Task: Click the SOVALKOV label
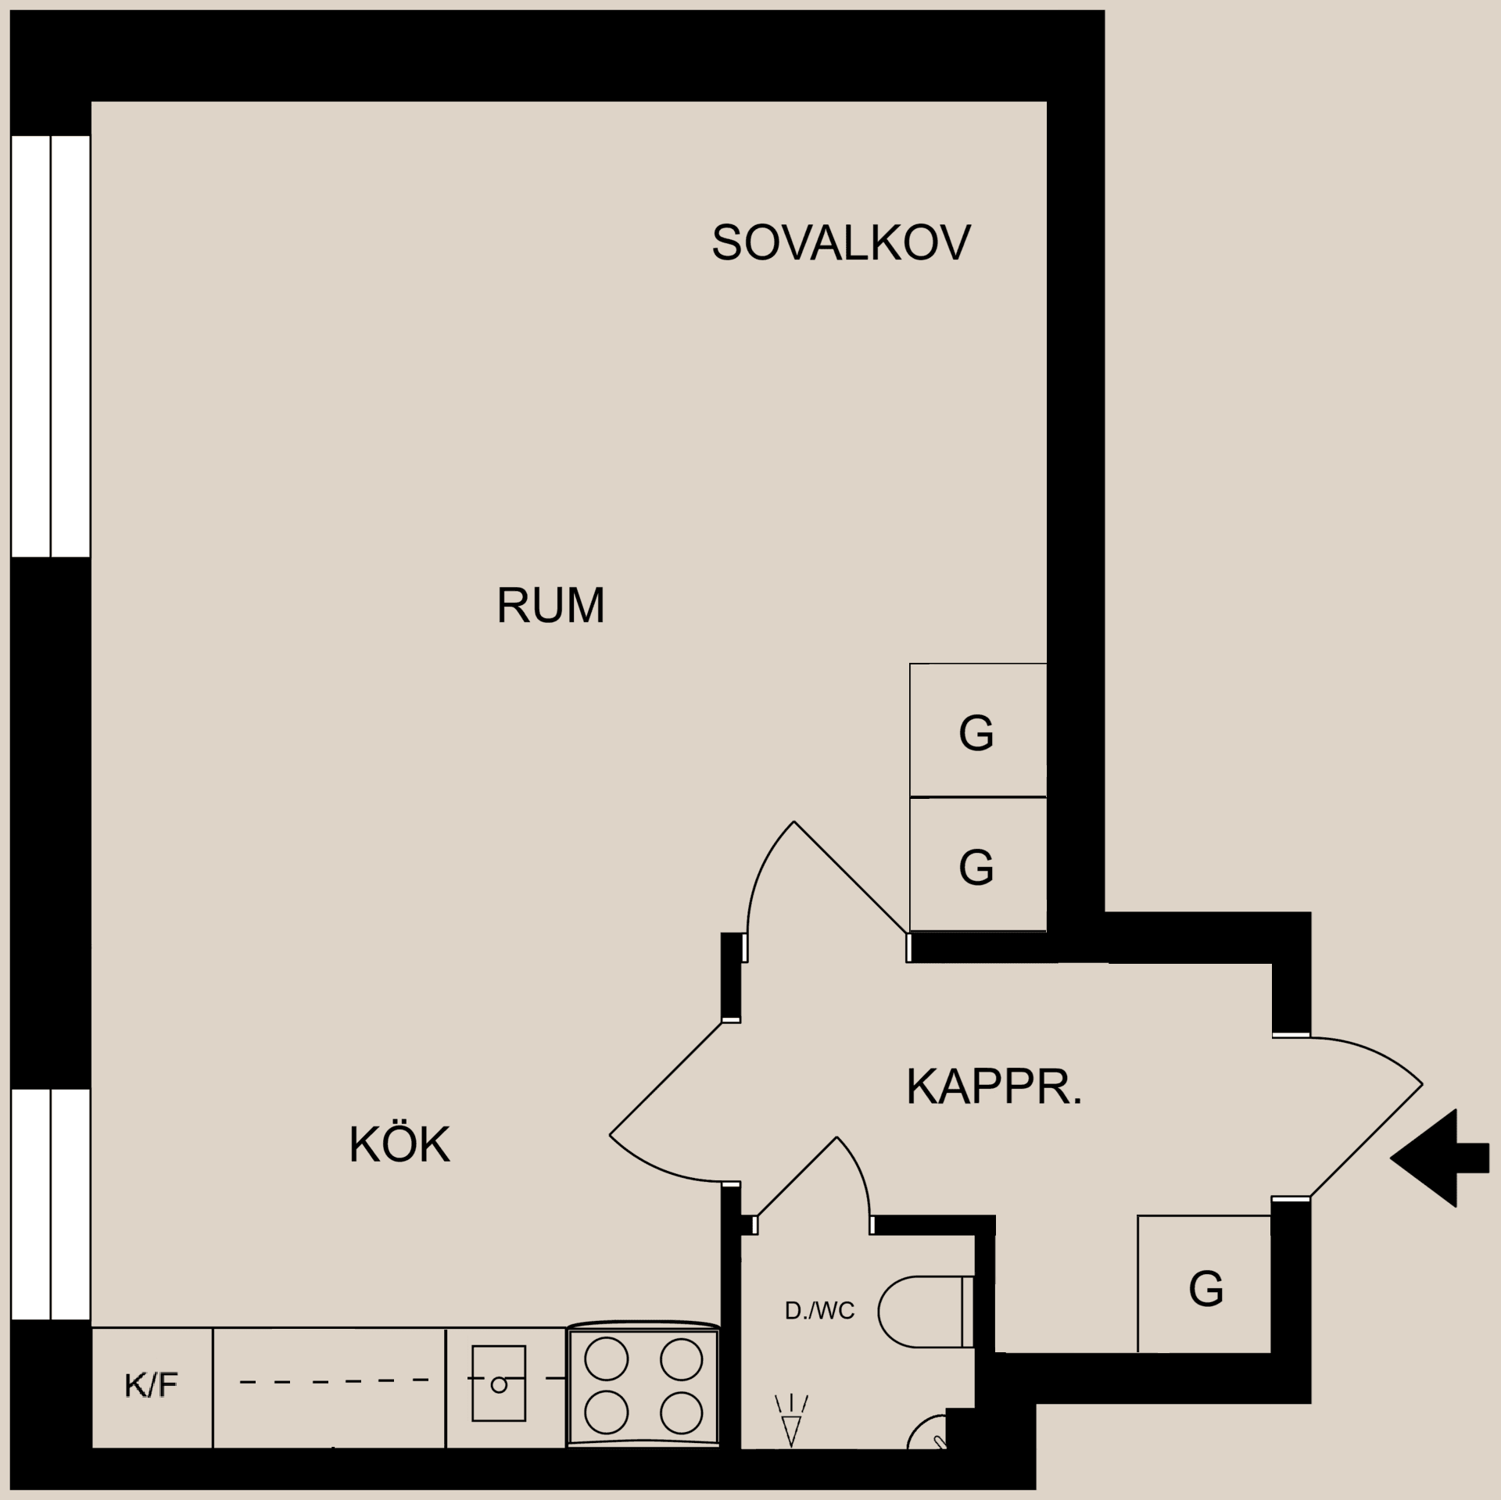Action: pyautogui.click(x=840, y=242)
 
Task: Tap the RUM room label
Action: pyautogui.click(x=550, y=605)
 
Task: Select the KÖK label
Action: pyautogui.click(x=399, y=1145)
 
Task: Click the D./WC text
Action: pyautogui.click(x=819, y=1311)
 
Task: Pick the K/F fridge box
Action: pyautogui.click(x=152, y=1386)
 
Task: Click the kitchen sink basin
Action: pyautogui.click(x=499, y=1384)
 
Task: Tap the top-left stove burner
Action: pyautogui.click(x=607, y=1358)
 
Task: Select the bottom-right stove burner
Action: pyautogui.click(x=681, y=1412)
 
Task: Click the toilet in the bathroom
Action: pyautogui.click(x=922, y=1312)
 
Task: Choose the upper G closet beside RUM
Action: pyautogui.click(x=977, y=731)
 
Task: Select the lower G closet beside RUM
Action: pyautogui.click(x=977, y=865)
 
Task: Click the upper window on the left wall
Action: pyautogui.click(x=51, y=345)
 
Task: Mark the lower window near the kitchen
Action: pyautogui.click(x=51, y=1204)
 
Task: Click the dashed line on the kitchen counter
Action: pyautogui.click(x=334, y=1382)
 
